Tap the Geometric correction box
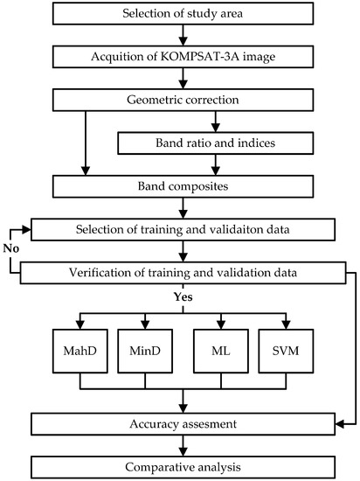coord(183,99)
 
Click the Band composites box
coord(183,185)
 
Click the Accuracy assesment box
coord(183,424)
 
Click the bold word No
coord(10,249)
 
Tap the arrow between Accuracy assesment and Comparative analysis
coord(183,443)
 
